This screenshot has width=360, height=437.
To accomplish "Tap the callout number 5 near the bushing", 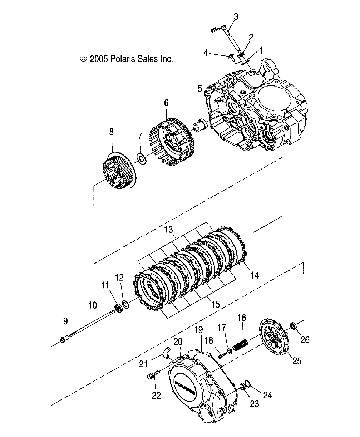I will [x=200, y=88].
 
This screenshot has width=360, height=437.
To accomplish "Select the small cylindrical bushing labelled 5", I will [x=199, y=125].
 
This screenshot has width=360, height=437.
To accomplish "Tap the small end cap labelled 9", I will [x=65, y=338].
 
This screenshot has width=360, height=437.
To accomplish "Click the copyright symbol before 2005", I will [x=83, y=59].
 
